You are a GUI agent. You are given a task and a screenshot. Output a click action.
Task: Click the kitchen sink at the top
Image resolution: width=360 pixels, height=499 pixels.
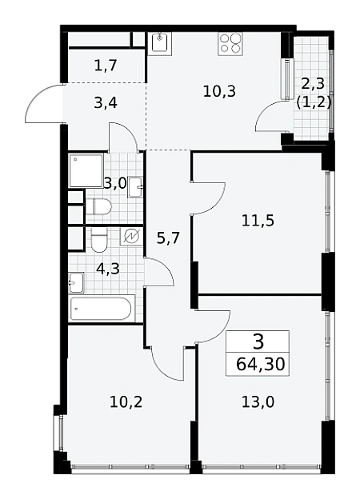tap(160, 43)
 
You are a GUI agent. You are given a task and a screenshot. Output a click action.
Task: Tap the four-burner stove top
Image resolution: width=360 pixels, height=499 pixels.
tap(230, 44)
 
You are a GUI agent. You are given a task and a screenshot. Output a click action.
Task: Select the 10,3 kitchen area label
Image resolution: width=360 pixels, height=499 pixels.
tap(219, 92)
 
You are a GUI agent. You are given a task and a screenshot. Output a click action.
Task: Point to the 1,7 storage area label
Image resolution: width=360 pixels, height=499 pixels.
tap(106, 66)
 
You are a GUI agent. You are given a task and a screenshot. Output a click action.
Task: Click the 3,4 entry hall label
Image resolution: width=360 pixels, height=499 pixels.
tap(106, 103)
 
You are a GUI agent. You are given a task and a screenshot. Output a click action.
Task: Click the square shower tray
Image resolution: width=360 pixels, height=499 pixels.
tap(86, 170)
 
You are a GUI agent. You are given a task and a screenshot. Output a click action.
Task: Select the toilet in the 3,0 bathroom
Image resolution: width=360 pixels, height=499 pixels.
tap(98, 206)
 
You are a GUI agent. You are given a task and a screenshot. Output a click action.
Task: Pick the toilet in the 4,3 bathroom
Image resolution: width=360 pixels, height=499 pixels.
tap(98, 240)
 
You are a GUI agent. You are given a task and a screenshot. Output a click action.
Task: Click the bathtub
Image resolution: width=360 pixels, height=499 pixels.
tap(100, 308)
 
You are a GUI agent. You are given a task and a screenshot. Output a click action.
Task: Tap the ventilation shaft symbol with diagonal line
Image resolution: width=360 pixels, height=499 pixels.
tap(131, 237)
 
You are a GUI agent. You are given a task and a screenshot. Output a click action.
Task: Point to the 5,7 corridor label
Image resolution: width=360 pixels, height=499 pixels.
tap(168, 238)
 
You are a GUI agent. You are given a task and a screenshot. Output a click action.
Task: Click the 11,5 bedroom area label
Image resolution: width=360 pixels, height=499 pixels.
tap(258, 221)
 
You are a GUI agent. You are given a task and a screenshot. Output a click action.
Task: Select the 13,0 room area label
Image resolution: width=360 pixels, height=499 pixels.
tap(258, 402)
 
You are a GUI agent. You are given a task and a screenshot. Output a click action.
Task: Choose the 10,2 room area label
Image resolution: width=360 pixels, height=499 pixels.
tap(126, 402)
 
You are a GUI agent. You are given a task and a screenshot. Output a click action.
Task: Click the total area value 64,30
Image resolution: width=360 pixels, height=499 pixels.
tap(260, 364)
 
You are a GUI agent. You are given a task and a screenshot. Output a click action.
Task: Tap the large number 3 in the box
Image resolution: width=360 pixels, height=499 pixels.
tap(258, 341)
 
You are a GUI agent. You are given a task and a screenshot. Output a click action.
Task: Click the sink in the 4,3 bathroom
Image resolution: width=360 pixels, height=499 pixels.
tap(76, 282)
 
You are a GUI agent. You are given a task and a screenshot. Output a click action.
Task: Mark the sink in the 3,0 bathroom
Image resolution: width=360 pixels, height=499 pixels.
tap(135, 188)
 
